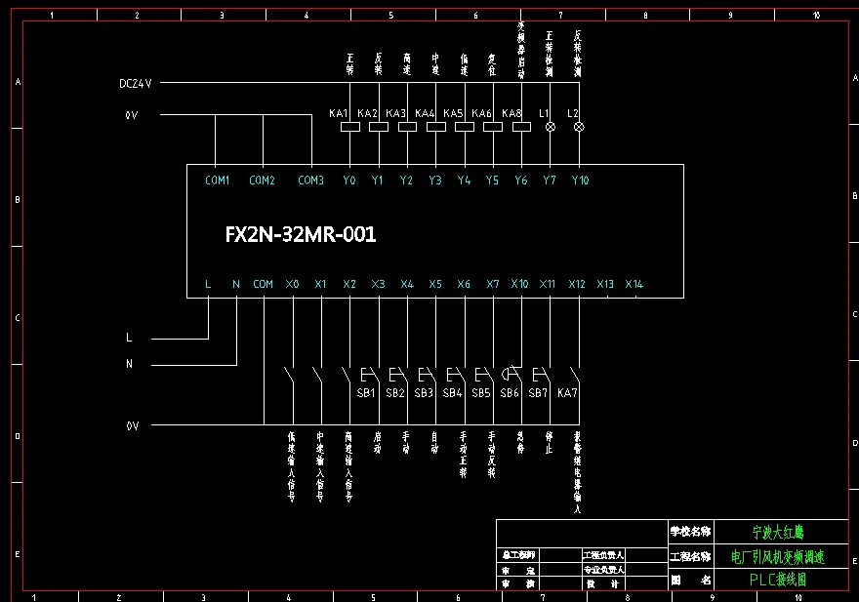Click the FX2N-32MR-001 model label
pos(301,235)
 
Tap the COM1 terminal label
pos(217,181)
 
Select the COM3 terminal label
pos(310,181)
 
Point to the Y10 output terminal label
pos(580,181)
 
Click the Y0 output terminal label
pos(349,181)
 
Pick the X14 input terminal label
pos(634,285)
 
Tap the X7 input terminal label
pos(493,285)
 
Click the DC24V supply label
pos(136,84)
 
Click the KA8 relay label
pos(511,114)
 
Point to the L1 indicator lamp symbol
pos(550,127)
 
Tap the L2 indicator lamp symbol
pos(578,127)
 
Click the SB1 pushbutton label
pos(366,393)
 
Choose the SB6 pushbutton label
pos(510,393)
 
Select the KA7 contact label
pos(567,393)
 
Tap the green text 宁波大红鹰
pos(778,533)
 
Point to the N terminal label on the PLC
pos(236,285)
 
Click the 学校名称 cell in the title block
pos(690,533)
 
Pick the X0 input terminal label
pos(293,285)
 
